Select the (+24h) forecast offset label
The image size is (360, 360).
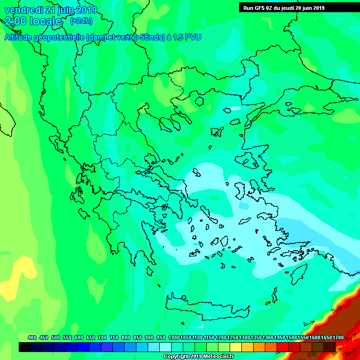click(81, 21)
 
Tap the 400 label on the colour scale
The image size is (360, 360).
click(32, 337)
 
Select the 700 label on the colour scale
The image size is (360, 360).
click(102, 337)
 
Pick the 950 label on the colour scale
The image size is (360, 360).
click(161, 337)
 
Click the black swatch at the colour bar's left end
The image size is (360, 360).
click(24, 347)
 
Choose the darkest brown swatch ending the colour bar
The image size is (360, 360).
click(330, 347)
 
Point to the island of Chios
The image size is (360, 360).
click(240, 190)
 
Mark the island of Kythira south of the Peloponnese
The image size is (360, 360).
click(150, 270)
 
